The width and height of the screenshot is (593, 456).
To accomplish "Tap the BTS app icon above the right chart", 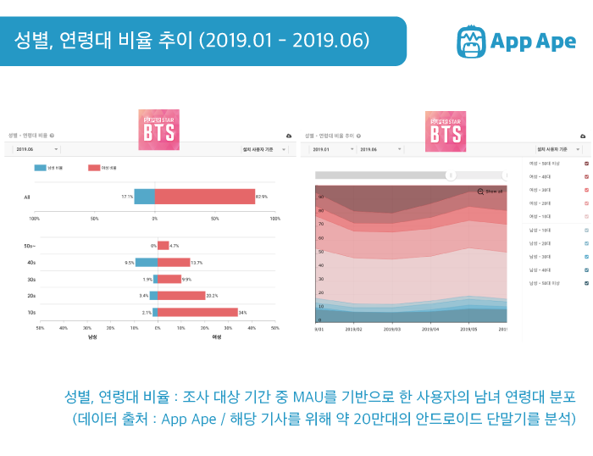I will (446, 131).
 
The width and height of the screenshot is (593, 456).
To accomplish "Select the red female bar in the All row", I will (205, 197).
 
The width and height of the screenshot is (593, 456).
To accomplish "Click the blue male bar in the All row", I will (145, 197).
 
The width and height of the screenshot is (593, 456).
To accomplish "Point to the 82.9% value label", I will (262, 197).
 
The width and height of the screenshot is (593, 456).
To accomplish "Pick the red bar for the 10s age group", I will (196, 288).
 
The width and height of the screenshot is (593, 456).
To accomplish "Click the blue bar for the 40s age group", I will (145, 263).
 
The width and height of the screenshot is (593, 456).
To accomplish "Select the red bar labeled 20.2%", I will (180, 272).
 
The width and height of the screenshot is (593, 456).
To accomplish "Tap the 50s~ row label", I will (30, 246).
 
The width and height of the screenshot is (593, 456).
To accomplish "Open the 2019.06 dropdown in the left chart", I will (33, 149).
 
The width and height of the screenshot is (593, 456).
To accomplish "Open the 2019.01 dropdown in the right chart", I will (326, 149).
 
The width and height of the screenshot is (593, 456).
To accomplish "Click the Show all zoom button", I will (490, 192).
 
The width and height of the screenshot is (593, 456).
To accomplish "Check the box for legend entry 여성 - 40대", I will (586, 176).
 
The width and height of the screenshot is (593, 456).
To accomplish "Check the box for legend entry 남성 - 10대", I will (586, 230).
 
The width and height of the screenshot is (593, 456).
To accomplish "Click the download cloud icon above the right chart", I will (583, 136).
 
